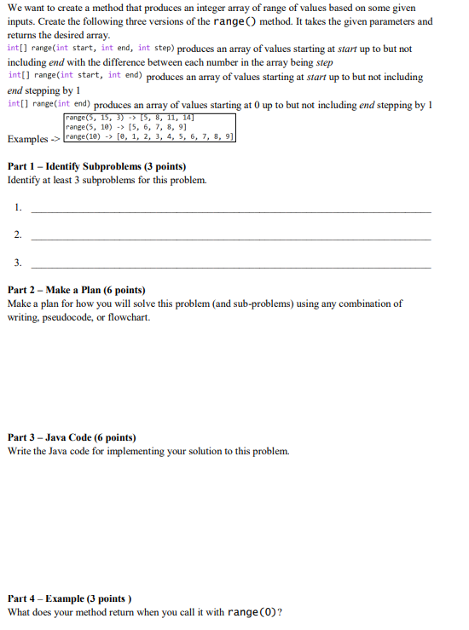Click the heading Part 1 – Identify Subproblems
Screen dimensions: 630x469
96,166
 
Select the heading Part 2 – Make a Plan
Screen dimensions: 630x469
77,290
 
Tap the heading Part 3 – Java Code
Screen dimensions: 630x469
72,437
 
